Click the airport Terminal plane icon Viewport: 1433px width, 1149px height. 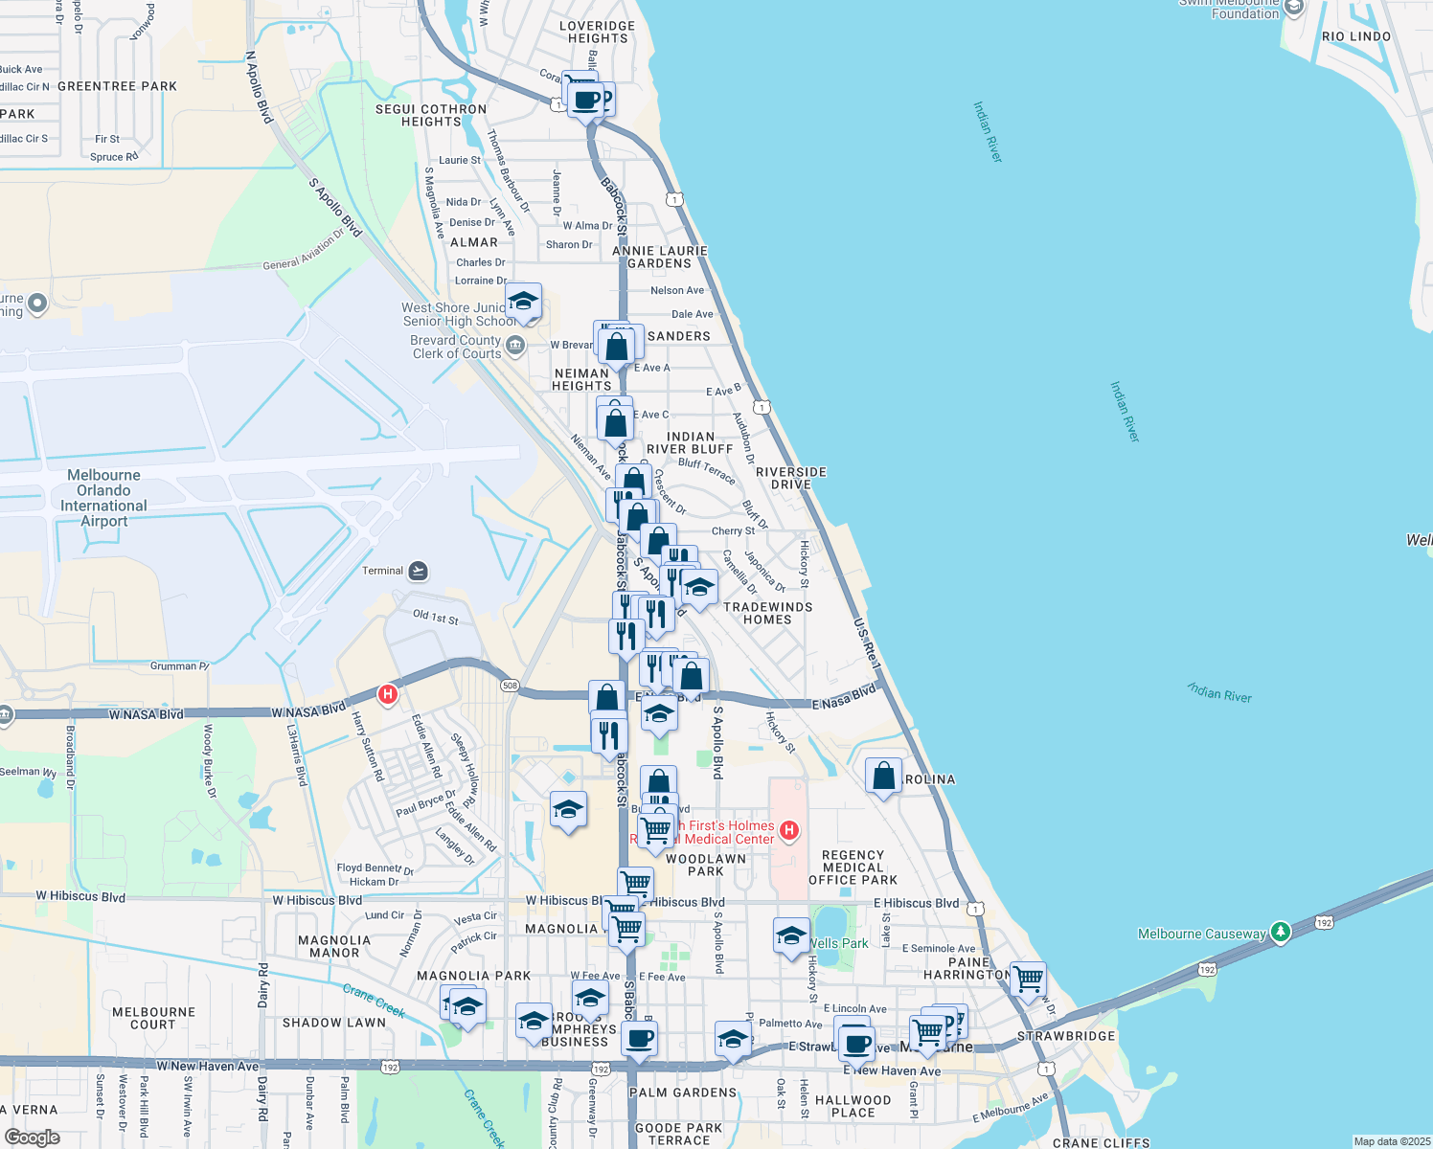(418, 572)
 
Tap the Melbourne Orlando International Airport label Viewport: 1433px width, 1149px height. (103, 498)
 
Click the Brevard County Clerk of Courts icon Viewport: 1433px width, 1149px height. (515, 345)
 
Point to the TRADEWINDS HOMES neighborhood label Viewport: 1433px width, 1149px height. (767, 613)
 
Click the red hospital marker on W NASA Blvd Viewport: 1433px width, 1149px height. (388, 694)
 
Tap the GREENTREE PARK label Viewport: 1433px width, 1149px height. (117, 86)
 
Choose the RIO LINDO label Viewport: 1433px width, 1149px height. (1355, 36)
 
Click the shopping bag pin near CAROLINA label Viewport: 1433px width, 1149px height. (883, 777)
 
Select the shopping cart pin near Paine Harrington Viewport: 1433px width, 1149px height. (1028, 980)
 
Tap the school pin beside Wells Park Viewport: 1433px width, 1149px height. (791, 935)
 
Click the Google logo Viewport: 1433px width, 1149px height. (32, 1138)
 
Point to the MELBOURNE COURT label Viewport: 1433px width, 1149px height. (153, 1018)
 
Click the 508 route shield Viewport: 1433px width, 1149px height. (510, 686)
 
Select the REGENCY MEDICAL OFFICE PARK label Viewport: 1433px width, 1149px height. (853, 867)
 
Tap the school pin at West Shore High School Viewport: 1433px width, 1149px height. (523, 303)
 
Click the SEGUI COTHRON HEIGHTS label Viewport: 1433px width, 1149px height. (431, 115)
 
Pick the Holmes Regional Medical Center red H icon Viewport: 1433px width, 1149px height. (789, 830)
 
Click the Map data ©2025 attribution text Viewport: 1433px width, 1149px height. (1391, 1141)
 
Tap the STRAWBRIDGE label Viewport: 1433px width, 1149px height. (1066, 1036)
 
